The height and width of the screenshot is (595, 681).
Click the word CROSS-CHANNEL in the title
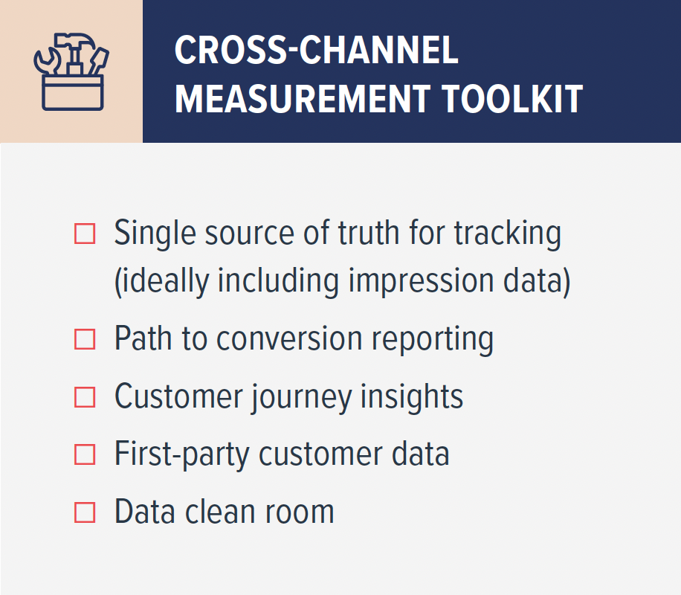pos(316,51)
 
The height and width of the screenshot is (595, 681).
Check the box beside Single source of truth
pos(85,234)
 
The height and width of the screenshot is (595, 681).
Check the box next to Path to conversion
pos(85,339)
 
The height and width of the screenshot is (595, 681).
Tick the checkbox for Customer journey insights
pos(85,396)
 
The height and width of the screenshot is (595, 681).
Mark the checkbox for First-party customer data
pos(85,454)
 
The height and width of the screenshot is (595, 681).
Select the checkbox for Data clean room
pos(85,512)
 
